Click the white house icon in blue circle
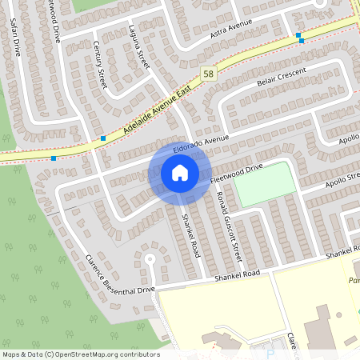(x=179, y=173)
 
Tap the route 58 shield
(x=208, y=73)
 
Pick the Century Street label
(x=100, y=65)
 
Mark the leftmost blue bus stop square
(x=54, y=158)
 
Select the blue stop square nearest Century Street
(x=103, y=138)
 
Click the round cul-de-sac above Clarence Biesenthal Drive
(x=148, y=258)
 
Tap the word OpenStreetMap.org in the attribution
(x=95, y=354)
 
